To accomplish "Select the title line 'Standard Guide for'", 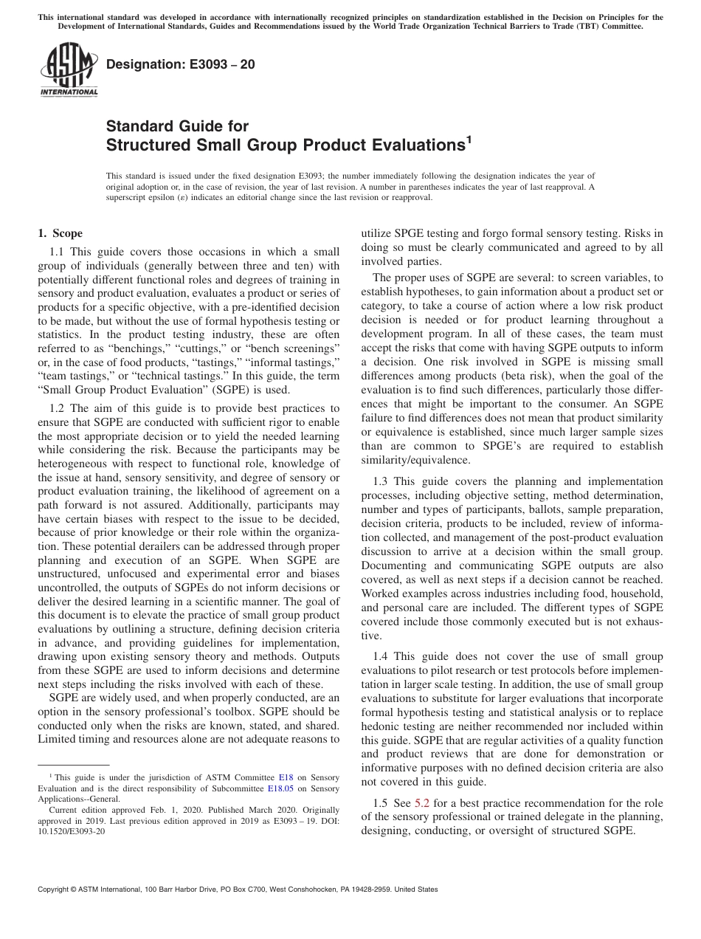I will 178,126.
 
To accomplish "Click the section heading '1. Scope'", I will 60,234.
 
